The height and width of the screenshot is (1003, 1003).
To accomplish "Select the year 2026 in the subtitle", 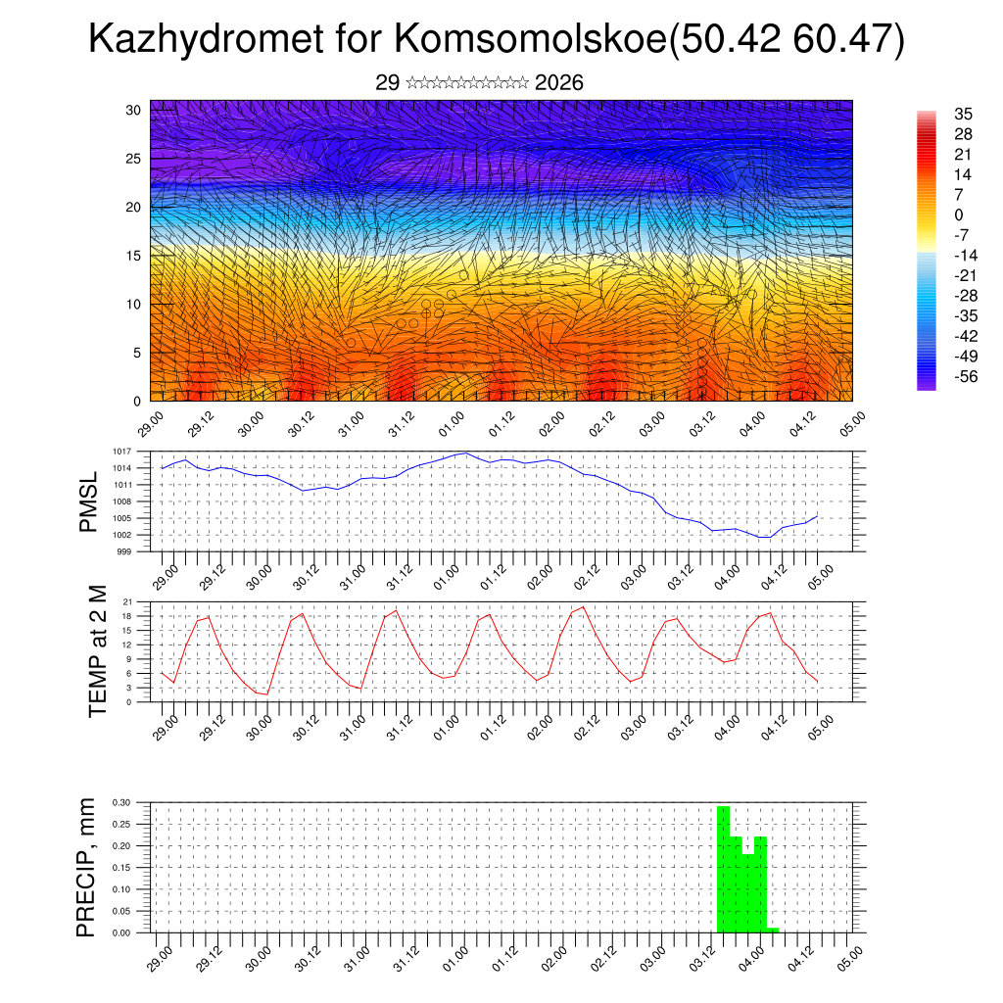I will [559, 83].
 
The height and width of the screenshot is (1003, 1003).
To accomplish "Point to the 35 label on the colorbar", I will [963, 115].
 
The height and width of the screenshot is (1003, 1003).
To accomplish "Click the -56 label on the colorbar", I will [966, 376].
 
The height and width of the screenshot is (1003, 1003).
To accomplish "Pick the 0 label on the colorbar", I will [958, 215].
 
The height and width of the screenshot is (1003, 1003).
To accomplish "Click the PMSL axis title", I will [88, 502].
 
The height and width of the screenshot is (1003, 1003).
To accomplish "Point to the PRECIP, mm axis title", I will [87, 866].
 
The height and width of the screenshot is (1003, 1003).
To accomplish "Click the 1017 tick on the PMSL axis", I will [122, 452].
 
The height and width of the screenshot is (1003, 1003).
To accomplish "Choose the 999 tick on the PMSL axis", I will [124, 551].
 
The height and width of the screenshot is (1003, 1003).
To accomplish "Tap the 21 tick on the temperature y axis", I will [127, 601].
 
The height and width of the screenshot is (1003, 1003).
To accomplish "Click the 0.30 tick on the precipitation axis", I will [120, 802].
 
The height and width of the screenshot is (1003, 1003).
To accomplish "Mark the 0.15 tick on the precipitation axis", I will [120, 868].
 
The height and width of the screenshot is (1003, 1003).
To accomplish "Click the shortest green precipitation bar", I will [773, 930].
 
